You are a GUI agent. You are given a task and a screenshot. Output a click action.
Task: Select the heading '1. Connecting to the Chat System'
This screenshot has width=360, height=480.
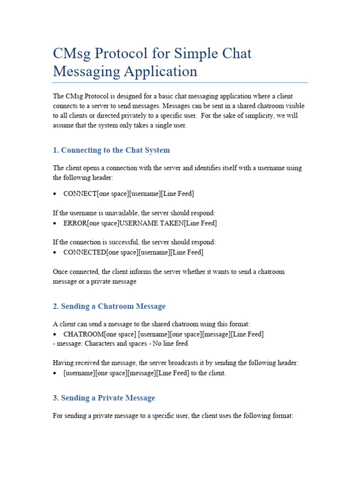pos(112,150)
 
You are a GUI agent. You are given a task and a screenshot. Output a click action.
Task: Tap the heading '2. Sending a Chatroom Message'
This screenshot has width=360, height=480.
pos(109,306)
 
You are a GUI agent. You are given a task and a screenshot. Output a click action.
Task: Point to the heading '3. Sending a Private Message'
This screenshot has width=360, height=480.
pos(104,397)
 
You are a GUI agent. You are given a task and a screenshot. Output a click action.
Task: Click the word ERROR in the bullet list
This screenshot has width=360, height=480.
pos(75,223)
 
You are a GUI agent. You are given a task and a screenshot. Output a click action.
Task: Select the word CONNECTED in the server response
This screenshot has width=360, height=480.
pos(85,252)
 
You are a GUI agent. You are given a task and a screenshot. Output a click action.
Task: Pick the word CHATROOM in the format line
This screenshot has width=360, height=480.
pos(83,334)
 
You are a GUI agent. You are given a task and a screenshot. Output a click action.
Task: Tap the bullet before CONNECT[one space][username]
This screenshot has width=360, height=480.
pos(55,194)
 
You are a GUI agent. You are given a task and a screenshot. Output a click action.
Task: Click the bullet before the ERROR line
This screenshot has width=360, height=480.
pos(55,223)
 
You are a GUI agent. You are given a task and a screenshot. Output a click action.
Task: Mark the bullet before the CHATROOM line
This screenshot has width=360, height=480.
pos(55,334)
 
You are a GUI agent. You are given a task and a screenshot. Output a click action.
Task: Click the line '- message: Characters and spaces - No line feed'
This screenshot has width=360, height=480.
pos(120,344)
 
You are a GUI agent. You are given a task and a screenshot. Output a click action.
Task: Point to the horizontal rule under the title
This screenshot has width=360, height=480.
pos(180,82)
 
